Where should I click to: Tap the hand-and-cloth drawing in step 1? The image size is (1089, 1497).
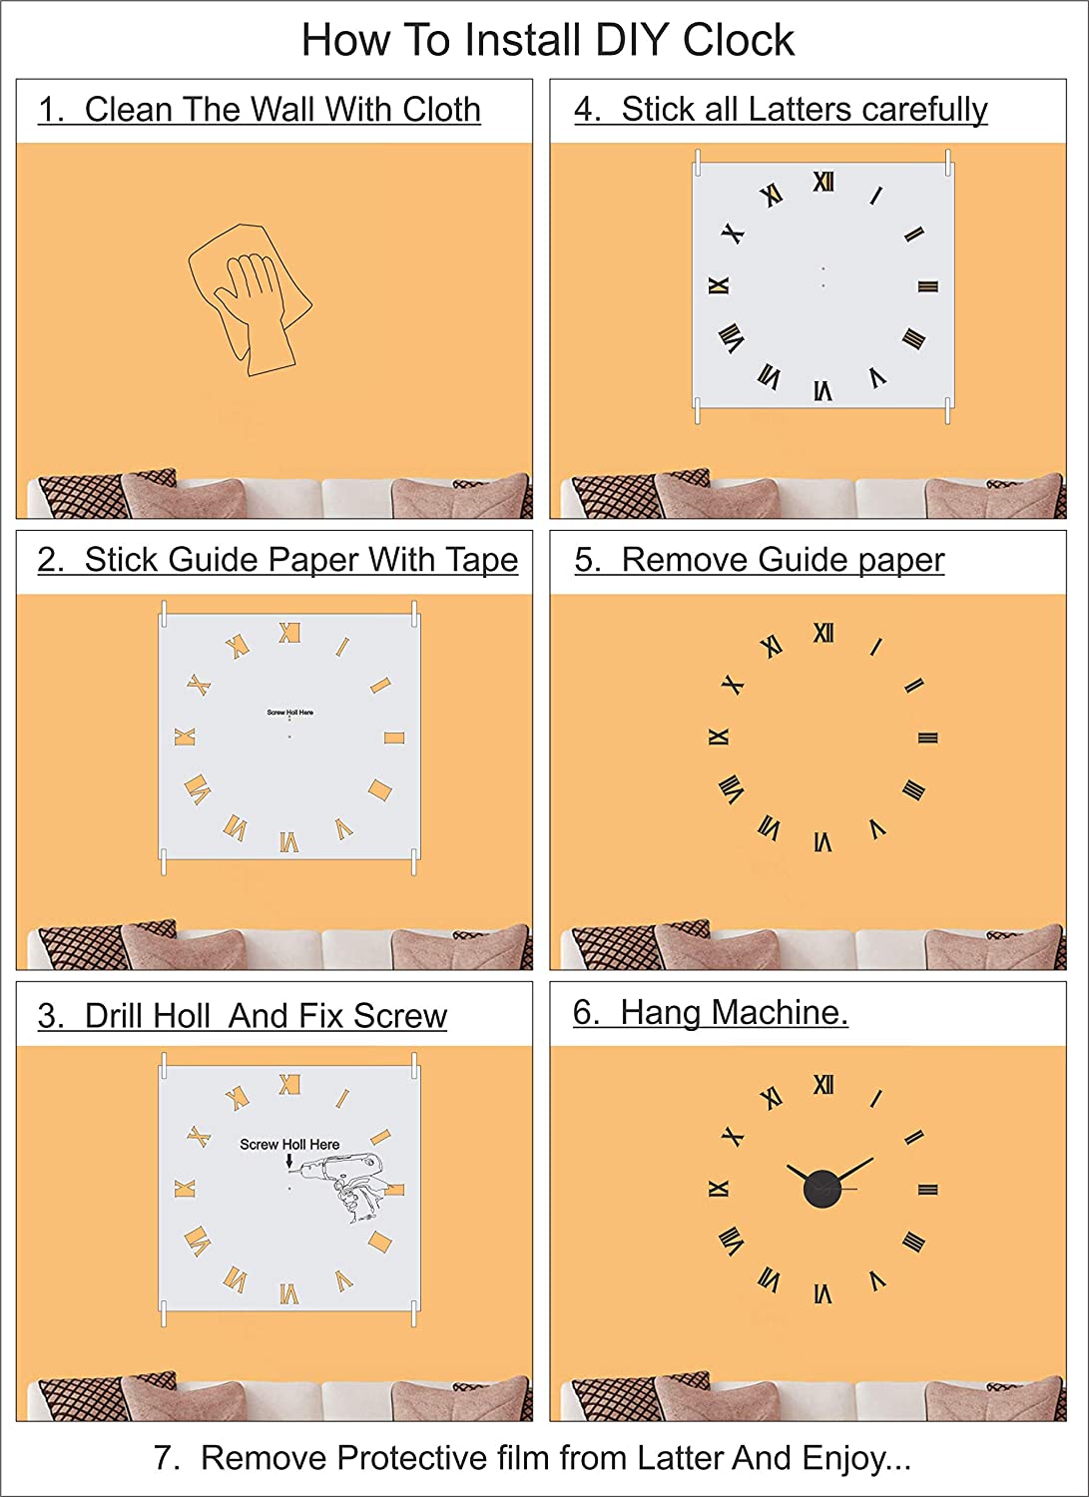point(250,300)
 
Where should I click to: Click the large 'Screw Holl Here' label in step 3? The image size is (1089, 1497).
point(289,1144)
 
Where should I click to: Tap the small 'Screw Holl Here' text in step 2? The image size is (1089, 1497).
point(290,713)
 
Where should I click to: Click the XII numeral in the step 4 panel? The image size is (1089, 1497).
point(823,182)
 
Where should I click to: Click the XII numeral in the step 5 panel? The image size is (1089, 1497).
point(823,632)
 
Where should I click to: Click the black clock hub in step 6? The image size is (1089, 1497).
point(822,1190)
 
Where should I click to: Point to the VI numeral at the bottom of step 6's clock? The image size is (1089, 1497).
point(822,1294)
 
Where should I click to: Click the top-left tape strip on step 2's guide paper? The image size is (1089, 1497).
point(163,614)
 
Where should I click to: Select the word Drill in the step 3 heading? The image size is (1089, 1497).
point(115,1016)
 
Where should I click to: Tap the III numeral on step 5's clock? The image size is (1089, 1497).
point(927,738)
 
